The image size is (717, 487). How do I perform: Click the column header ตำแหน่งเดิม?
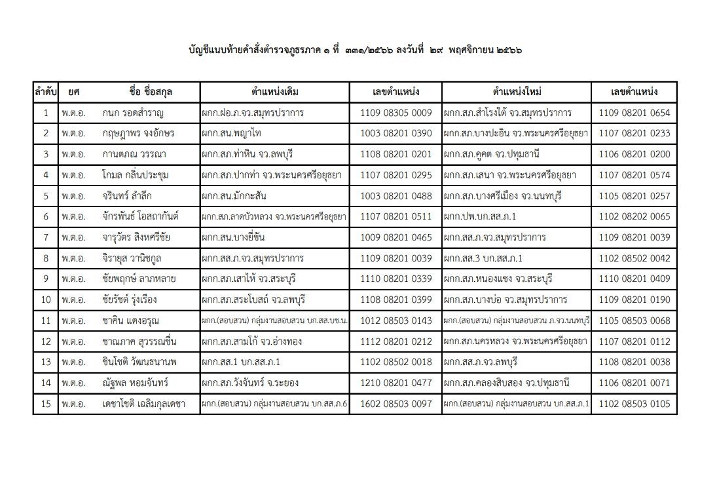click(274, 92)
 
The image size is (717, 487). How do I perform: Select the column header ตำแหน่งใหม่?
click(516, 92)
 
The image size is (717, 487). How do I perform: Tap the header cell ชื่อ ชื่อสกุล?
click(155, 92)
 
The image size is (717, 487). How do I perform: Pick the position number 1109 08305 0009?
click(395, 113)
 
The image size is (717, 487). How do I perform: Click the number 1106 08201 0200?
click(634, 155)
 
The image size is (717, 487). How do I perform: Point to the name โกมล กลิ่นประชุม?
click(136, 175)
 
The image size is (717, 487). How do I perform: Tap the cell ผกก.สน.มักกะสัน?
click(238, 196)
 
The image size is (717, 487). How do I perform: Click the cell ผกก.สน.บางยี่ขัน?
click(237, 237)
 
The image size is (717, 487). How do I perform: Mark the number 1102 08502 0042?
click(634, 258)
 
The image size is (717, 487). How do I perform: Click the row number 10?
click(45, 300)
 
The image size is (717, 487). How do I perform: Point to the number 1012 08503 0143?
click(395, 321)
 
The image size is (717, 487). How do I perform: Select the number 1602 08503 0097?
click(395, 404)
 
